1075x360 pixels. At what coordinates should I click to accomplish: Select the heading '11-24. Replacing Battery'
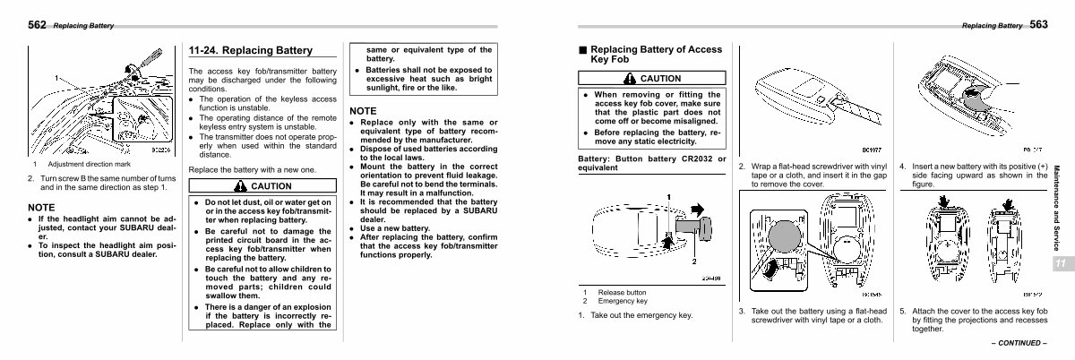(x=250, y=50)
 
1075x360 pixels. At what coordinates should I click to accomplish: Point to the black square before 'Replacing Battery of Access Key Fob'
(x=582, y=50)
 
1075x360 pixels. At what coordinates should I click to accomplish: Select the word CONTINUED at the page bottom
(x=1019, y=343)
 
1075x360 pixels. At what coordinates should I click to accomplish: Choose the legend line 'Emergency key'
(x=623, y=301)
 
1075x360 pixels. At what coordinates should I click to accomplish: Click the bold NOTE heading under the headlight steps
(x=41, y=208)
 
